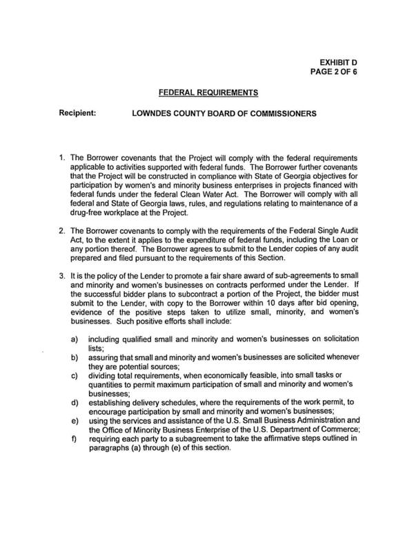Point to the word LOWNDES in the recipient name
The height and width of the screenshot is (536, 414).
point(154,111)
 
